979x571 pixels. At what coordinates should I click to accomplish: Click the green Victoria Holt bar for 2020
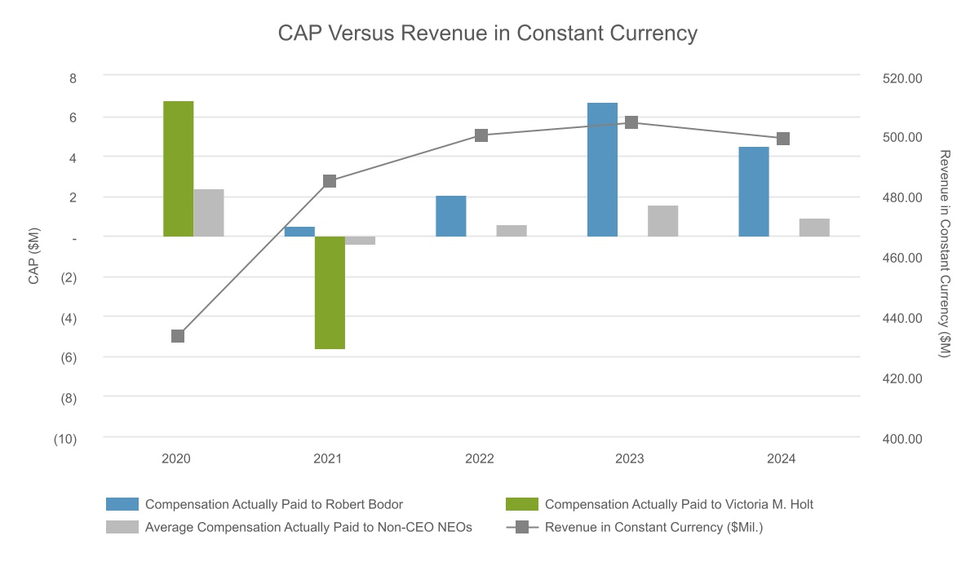[x=178, y=169]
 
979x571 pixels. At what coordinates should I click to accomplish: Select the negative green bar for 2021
[x=330, y=293]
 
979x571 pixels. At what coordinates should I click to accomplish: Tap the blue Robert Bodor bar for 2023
[x=602, y=170]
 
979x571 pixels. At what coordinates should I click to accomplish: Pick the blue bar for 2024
[x=754, y=192]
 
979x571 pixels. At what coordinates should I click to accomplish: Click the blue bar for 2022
[x=451, y=216]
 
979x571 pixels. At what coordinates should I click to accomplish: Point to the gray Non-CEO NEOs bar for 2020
[x=209, y=213]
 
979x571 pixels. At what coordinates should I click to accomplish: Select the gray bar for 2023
[x=663, y=221]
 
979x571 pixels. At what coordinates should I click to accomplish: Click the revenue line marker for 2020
[x=178, y=336]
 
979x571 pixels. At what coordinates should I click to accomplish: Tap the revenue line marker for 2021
[x=330, y=181]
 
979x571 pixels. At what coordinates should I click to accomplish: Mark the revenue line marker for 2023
[x=631, y=122]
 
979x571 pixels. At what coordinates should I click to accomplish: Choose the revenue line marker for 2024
[x=783, y=139]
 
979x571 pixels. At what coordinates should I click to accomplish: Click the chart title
[x=488, y=33]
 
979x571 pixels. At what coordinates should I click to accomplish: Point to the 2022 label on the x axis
[x=480, y=459]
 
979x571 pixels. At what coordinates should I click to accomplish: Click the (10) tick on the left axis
[x=65, y=439]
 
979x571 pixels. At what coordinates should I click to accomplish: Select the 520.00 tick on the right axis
[x=903, y=78]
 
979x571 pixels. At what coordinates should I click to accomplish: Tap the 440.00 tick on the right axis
[x=903, y=318]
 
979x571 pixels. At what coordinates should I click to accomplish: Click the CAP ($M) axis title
[x=34, y=257]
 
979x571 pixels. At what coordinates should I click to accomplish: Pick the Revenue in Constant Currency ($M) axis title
[x=946, y=254]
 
